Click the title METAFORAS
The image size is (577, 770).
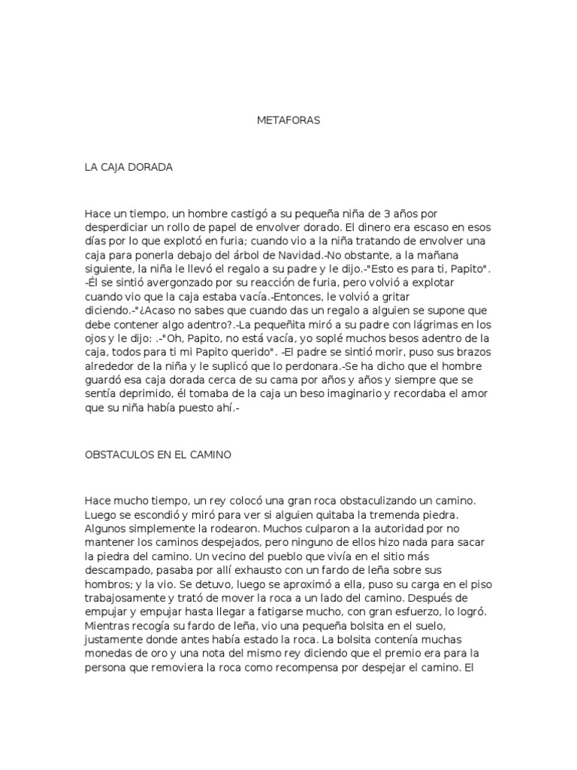[x=288, y=120]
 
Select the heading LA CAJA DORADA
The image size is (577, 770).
[x=128, y=167]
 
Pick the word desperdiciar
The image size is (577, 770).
[x=116, y=227]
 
